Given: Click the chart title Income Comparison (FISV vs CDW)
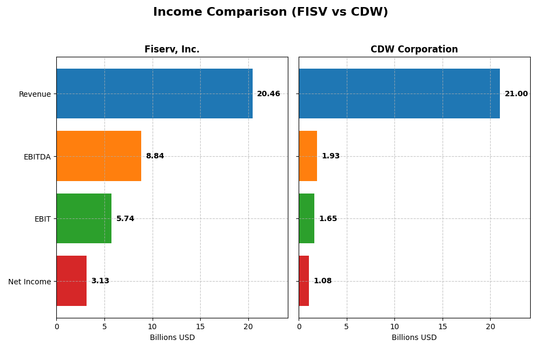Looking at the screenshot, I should tap(270, 12).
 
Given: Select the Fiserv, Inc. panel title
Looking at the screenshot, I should tap(172, 49).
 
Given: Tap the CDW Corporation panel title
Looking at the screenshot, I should tap(414, 49).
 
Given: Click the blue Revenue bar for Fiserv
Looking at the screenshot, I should tap(154, 94).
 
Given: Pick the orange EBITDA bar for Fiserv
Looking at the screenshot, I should tap(98, 156).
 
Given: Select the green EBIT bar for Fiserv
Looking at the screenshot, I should tap(84, 218).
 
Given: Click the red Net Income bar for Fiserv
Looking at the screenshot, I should tap(71, 281).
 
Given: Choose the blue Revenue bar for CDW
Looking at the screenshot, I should tap(399, 94).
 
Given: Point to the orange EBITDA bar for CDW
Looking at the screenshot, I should tap(308, 156).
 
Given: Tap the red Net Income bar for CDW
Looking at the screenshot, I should tap(304, 281).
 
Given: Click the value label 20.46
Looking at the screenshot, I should tap(268, 94).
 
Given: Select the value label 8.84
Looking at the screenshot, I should tap(155, 156).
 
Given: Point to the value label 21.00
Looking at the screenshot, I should tap(516, 94).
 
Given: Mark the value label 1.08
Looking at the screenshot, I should tap(322, 281).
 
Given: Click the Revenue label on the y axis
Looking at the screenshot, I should tap(35, 94).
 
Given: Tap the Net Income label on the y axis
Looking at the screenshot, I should tap(29, 282).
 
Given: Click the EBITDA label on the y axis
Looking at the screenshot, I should tap(37, 157).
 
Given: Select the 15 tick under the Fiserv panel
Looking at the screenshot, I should tap(200, 326).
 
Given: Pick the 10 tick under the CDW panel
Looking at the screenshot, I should tap(394, 326).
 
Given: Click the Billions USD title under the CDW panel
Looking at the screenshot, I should tap(414, 338).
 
